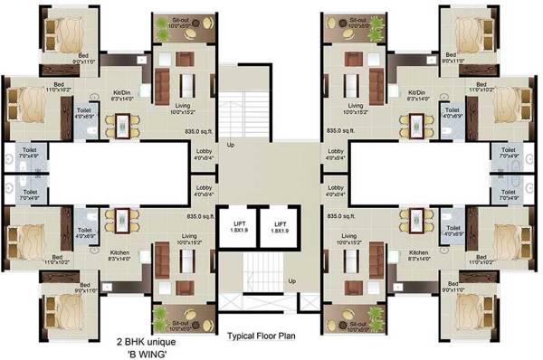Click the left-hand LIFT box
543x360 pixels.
click(239, 226)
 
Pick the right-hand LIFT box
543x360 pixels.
click(281, 226)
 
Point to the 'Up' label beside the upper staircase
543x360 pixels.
click(231, 144)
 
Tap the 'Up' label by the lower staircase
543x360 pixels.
click(291, 281)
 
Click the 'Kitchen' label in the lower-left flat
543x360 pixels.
click(121, 252)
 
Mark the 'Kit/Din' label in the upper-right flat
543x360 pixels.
click(417, 91)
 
